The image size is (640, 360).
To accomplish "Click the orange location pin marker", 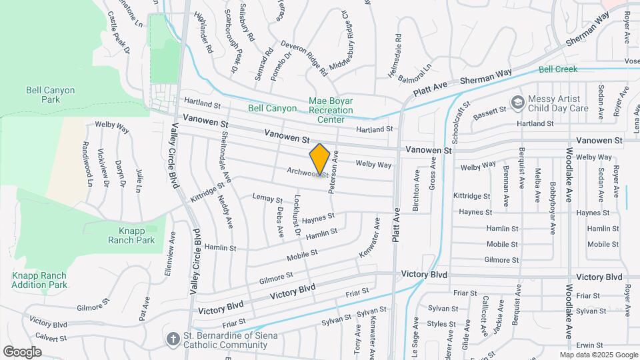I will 320,159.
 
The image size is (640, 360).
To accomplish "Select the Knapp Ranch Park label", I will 132,234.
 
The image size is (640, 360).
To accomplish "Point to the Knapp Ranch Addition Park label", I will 40,280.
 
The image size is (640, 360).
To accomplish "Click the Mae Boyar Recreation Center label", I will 331,110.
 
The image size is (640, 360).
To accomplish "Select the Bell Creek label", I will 557,69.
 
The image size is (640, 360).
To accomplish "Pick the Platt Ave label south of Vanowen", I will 396,223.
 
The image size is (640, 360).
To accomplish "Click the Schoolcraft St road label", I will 456,122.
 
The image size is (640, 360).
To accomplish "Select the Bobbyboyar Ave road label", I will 553,207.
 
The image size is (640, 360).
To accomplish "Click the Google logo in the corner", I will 22,351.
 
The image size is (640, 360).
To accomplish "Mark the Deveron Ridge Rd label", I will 304,57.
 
